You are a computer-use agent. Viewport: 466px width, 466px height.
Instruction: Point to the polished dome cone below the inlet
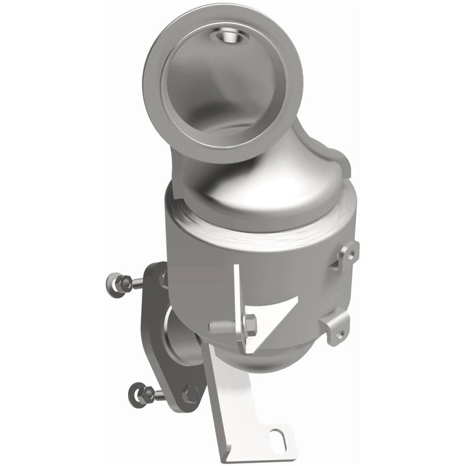pos(259,188)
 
